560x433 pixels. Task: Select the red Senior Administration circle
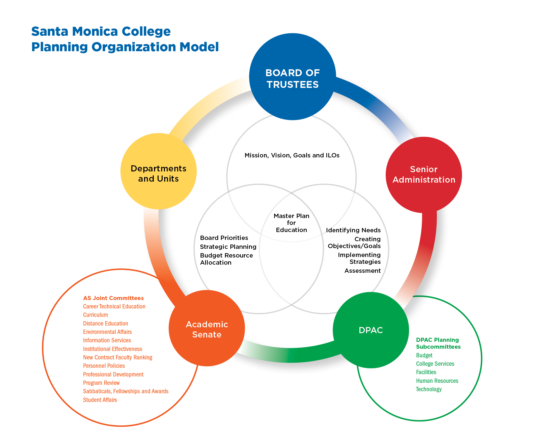click(424, 174)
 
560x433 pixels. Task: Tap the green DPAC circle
click(371, 330)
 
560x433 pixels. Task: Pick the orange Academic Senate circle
click(207, 328)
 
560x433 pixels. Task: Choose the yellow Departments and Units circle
click(159, 171)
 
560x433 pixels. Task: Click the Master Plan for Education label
click(291, 223)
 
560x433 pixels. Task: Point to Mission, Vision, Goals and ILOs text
click(292, 155)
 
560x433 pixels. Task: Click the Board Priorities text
click(224, 238)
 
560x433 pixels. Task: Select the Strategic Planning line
click(228, 247)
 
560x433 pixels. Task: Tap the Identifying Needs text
click(353, 230)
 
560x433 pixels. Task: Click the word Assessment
click(362, 270)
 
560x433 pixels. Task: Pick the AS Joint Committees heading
click(113, 298)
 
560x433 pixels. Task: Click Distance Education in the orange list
click(105, 323)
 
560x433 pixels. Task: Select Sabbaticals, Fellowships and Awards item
click(126, 391)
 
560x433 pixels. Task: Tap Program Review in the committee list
click(101, 383)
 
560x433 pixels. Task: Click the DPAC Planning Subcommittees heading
click(438, 343)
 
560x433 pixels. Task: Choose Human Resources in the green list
click(437, 381)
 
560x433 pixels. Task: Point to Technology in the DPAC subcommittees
click(428, 389)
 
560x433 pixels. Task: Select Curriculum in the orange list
click(95, 315)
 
